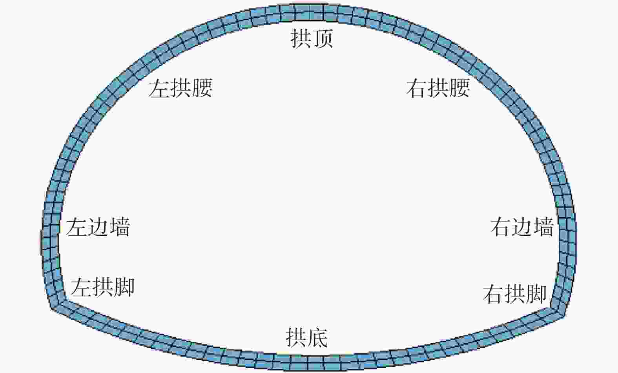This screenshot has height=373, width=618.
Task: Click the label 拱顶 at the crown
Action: [312, 39]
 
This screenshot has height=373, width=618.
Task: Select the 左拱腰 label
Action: [180, 88]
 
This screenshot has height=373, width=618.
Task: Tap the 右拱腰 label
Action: [438, 88]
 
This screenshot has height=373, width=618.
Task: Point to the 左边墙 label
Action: [98, 227]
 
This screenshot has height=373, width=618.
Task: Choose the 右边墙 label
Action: [522, 227]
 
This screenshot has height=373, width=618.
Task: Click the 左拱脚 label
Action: [103, 287]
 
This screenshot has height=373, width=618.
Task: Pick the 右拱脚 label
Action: [515, 294]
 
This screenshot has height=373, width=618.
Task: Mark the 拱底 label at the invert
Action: [306, 338]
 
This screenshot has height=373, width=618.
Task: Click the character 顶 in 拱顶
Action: [323, 39]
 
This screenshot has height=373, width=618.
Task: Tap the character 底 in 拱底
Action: [317, 338]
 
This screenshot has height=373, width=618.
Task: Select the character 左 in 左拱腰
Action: [159, 88]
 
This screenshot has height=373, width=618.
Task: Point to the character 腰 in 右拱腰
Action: [459, 88]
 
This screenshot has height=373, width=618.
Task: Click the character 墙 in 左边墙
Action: [119, 227]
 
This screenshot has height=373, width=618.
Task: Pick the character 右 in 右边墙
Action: [501, 227]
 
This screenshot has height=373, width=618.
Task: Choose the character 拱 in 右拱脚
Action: [515, 294]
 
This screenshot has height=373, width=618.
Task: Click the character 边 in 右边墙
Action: [522, 227]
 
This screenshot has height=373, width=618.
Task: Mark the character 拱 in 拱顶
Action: [301, 39]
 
